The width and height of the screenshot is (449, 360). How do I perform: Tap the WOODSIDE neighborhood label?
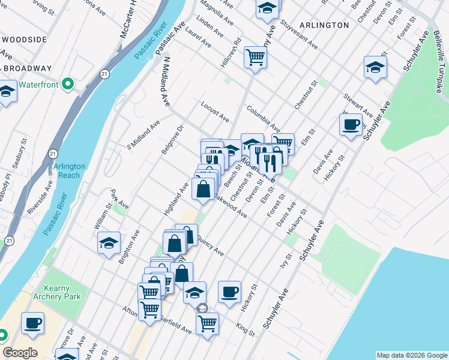23,40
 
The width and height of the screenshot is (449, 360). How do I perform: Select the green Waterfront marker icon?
68,83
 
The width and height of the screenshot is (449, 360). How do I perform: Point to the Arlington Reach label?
70,170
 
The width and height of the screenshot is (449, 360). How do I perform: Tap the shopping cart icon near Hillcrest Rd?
255,58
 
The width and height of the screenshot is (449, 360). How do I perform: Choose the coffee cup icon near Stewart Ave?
351,125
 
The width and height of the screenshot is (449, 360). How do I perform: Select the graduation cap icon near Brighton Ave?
109,243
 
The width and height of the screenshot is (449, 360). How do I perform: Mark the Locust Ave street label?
215,110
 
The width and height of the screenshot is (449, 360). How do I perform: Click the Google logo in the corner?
20,353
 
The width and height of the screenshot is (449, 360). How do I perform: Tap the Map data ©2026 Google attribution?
411,355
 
